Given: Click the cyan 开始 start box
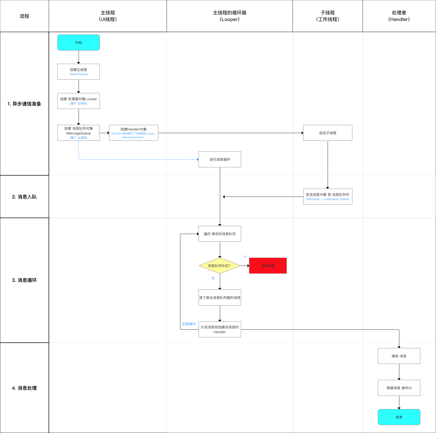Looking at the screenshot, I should pyautogui.click(x=79, y=43).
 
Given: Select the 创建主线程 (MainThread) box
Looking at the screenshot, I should pyautogui.click(x=79, y=72).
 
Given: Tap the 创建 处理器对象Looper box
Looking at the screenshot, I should pyautogui.click(x=79, y=101).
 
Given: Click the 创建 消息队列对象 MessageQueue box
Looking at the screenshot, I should pyautogui.click(x=79, y=133).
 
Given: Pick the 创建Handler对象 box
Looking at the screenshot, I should pyautogui.click(x=134, y=133).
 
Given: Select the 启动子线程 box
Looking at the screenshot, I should pyautogui.click(x=328, y=133).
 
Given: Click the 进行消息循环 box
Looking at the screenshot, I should pyautogui.click(x=220, y=159).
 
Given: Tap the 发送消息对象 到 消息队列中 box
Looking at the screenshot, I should pyautogui.click(x=328, y=197).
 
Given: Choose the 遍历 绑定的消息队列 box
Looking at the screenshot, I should pyautogui.click(x=220, y=234).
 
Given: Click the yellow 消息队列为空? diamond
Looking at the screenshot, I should pyautogui.click(x=220, y=266).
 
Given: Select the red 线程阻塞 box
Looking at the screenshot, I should pyautogui.click(x=268, y=266).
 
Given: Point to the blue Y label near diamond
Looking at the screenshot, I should pyautogui.click(x=245, y=257).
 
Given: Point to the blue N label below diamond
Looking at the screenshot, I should pyautogui.click(x=213, y=278).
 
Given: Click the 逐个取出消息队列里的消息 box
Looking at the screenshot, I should pyautogui.click(x=220, y=298).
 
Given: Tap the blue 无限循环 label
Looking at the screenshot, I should pyautogui.click(x=189, y=324).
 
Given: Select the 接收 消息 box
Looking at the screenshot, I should pyautogui.click(x=399, y=356).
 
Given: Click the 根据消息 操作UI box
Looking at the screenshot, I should pyautogui.click(x=399, y=388).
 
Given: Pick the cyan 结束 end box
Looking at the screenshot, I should pyautogui.click(x=399, y=417).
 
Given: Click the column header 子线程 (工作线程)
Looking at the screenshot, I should pyautogui.click(x=328, y=16).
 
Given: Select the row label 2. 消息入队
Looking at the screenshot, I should pyautogui.click(x=24, y=197).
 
